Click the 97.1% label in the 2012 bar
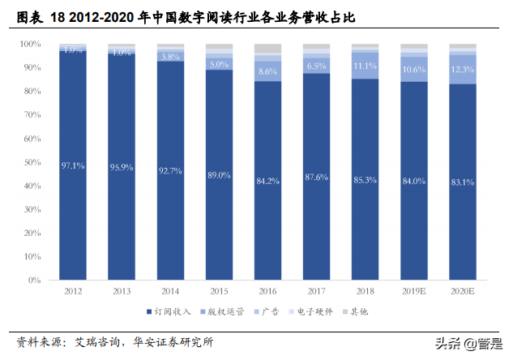pyautogui.click(x=73, y=165)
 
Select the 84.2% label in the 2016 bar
pyautogui.click(x=267, y=181)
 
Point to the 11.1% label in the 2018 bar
pyautogui.click(x=365, y=66)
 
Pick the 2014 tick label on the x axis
pyautogui.click(x=170, y=290)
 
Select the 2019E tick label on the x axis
pyautogui.click(x=414, y=290)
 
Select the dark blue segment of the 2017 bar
pyautogui.click(x=316, y=203)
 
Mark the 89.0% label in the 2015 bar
pyautogui.click(x=219, y=174)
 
